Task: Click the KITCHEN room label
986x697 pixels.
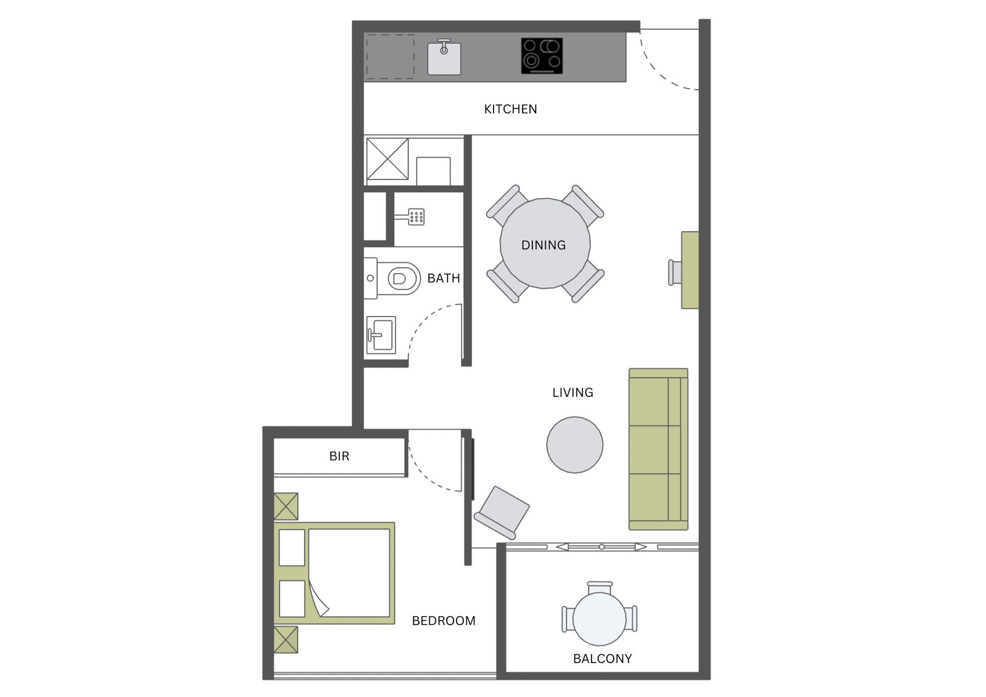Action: [x=510, y=109]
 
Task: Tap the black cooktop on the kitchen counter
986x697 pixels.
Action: [x=542, y=56]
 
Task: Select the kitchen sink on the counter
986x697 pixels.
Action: [x=444, y=58]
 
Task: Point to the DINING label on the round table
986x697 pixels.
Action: [x=544, y=245]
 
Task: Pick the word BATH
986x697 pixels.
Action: [x=444, y=279]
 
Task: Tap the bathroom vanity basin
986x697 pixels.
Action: [x=381, y=335]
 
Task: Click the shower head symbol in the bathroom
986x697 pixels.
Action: [x=413, y=217]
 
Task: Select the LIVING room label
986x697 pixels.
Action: [x=572, y=393]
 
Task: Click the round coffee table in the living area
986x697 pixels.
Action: [x=575, y=445]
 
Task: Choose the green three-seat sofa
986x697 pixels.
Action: [x=659, y=449]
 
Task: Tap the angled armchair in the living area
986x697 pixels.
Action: [x=502, y=513]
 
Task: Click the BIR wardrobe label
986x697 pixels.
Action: [x=340, y=456]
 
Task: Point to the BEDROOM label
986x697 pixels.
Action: [x=444, y=621]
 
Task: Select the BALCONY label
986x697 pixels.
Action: [x=603, y=659]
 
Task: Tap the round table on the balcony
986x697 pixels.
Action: [x=600, y=619]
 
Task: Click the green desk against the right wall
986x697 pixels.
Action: [x=690, y=270]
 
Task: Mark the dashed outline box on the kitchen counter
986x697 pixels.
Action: [x=390, y=57]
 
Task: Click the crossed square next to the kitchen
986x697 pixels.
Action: [x=388, y=159]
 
